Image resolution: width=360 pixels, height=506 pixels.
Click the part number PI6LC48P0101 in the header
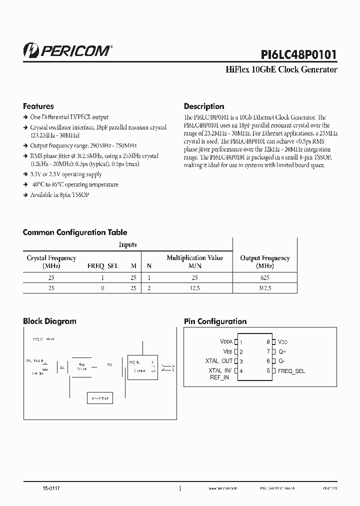pos(298,53)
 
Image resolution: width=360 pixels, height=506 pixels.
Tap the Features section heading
pos(38,106)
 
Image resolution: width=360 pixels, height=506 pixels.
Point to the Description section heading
pos(204,106)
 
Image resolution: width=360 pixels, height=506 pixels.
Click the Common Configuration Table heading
pos(75,232)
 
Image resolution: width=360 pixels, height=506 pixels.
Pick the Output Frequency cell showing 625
pos(265,277)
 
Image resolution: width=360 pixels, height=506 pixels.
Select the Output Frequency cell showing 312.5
pos(265,288)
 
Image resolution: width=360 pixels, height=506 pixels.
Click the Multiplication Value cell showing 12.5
pos(194,288)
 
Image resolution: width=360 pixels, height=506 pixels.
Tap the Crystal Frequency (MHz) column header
pos(51,261)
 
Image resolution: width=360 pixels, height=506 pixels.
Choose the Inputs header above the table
pos(127,244)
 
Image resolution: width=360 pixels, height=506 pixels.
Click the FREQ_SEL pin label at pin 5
pos(291,371)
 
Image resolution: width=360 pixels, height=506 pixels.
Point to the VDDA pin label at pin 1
pos(229,342)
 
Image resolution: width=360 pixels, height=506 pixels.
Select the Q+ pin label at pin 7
pos(282,351)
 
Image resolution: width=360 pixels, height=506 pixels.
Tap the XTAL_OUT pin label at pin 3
pos(219,361)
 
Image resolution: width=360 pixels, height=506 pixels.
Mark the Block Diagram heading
pos(49,321)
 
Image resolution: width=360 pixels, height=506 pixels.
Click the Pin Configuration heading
pos(215,321)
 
